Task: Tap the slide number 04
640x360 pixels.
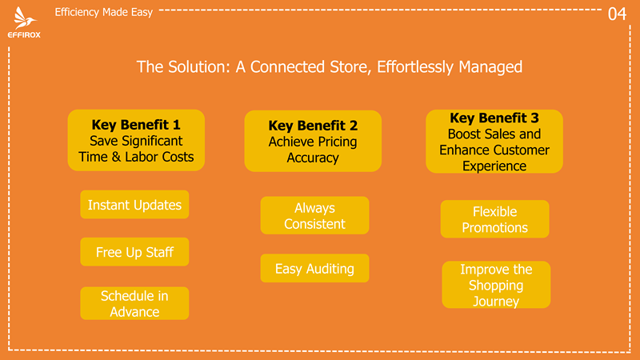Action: pyautogui.click(x=617, y=14)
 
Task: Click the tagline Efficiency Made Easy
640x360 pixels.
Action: pyautogui.click(x=104, y=12)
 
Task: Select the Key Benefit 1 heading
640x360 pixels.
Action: pyautogui.click(x=136, y=125)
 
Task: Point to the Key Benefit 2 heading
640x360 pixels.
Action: pyautogui.click(x=313, y=126)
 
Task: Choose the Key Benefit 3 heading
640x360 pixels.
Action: pyautogui.click(x=494, y=118)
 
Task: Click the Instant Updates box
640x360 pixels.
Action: pyautogui.click(x=134, y=205)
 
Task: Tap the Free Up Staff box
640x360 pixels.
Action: pyautogui.click(x=134, y=252)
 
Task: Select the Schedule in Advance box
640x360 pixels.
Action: pyautogui.click(x=134, y=303)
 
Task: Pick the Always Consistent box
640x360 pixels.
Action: pyautogui.click(x=314, y=215)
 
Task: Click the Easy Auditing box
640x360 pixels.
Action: pyautogui.click(x=314, y=268)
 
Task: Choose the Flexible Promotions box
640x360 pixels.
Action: pyautogui.click(x=494, y=219)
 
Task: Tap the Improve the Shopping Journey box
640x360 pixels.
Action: pyautogui.click(x=496, y=285)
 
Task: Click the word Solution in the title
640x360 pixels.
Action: pyautogui.click(x=199, y=67)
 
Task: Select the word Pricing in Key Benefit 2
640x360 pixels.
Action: pyautogui.click(x=338, y=142)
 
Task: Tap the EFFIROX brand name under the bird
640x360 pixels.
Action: pyautogui.click(x=24, y=35)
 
